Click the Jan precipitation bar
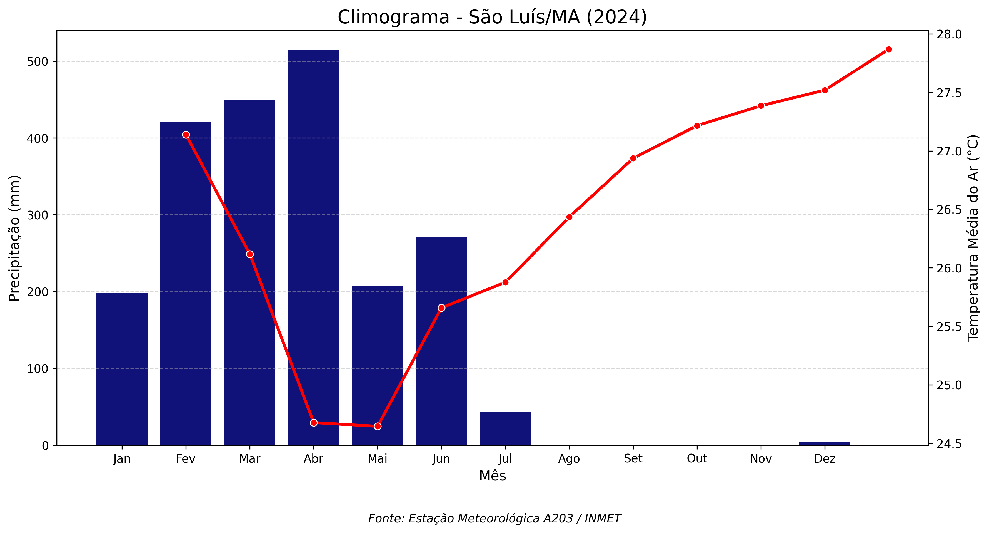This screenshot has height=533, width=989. tap(122, 369)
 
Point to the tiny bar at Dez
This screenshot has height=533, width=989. tap(825, 443)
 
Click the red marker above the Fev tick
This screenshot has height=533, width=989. tap(186, 135)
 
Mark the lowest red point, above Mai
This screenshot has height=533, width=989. tap(377, 426)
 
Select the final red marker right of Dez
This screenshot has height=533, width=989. tap(888, 49)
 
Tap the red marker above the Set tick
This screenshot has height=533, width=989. tap(633, 158)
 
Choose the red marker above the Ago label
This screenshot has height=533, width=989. tap(569, 217)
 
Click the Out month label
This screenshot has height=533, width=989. tap(697, 458)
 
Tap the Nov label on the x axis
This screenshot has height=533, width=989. tap(761, 458)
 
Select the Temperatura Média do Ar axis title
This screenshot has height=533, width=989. tap(973, 238)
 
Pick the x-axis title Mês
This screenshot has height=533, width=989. tap(493, 476)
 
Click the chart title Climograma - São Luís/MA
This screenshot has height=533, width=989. tap(492, 17)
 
